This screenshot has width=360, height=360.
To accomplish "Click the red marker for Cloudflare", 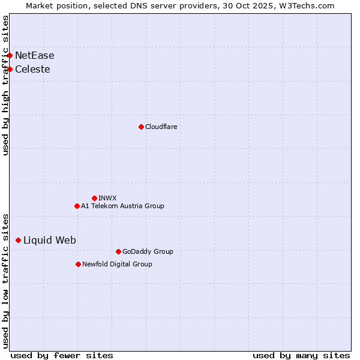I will pyautogui.click(x=141, y=127).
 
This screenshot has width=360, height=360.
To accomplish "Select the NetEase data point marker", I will pyautogui.click(x=10, y=55).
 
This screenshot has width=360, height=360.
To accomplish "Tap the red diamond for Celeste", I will pyautogui.click(x=10, y=69).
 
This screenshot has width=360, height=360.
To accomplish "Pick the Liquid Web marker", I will pyautogui.click(x=18, y=240).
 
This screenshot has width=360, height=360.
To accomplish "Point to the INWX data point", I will pyautogui.click(x=94, y=198).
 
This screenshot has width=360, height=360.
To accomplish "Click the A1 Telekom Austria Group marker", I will pyautogui.click(x=77, y=206).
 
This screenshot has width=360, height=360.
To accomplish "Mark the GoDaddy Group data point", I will pyautogui.click(x=118, y=251).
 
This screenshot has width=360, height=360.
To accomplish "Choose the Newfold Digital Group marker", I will pyautogui.click(x=78, y=264).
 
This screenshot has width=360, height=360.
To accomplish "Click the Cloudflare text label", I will pyautogui.click(x=161, y=127).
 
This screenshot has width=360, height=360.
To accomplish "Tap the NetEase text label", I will pyautogui.click(x=34, y=55).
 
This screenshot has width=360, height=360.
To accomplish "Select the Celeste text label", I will pyautogui.click(x=32, y=69).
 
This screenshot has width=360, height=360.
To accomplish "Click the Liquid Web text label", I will pyautogui.click(x=49, y=240).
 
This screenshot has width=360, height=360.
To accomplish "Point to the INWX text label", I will pyautogui.click(x=107, y=198).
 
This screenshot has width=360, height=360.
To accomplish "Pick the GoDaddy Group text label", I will pyautogui.click(x=147, y=251).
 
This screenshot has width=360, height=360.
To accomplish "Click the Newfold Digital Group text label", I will pyautogui.click(x=117, y=264).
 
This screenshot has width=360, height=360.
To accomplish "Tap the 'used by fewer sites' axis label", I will pyautogui.click(x=61, y=355).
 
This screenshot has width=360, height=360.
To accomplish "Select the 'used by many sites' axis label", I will pyautogui.click(x=301, y=355).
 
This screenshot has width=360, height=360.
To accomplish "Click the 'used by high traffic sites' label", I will pyautogui.click(x=5, y=85).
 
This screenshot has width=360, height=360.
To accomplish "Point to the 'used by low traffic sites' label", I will pyautogui.click(x=5, y=281).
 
